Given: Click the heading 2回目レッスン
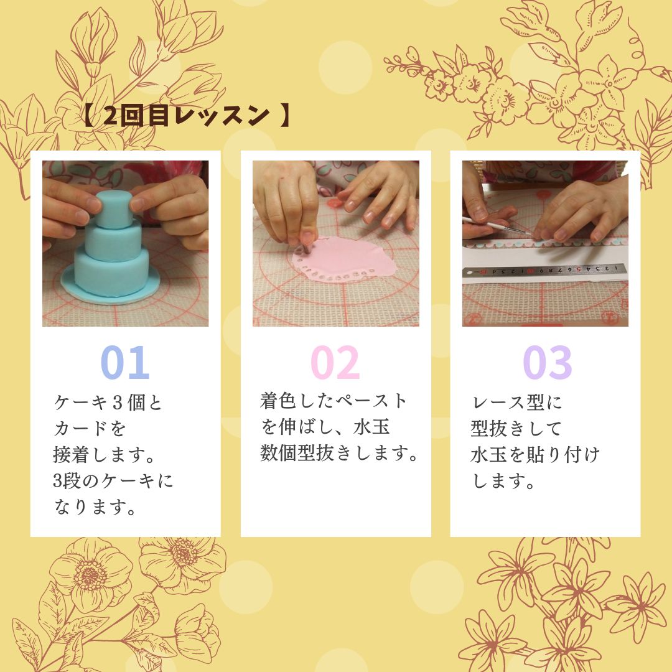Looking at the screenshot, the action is point(187,116).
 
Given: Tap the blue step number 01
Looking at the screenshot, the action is point(125,363).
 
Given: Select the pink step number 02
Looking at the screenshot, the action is point(335,363).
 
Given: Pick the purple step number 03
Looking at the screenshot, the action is point(548,363).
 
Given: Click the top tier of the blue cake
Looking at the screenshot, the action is point(113,209).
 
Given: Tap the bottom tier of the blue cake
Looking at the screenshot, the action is point(112,273).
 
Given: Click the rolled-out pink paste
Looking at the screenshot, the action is point(344,259).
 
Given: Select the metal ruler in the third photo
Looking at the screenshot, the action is point(544,271).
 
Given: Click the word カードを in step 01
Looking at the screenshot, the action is point(90,428).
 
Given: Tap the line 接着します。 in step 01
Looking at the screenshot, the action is point(104,454).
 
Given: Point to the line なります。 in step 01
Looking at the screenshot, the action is point(95,506).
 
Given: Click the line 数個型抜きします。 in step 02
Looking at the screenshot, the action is point(339,452).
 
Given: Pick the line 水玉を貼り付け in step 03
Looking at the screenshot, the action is point(535,455).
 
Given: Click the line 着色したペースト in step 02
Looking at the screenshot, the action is point(333,401).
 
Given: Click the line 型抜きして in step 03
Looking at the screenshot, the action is point(516,429).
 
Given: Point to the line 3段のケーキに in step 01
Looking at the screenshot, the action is point(113,480).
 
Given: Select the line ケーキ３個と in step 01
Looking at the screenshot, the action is point(108,403).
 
